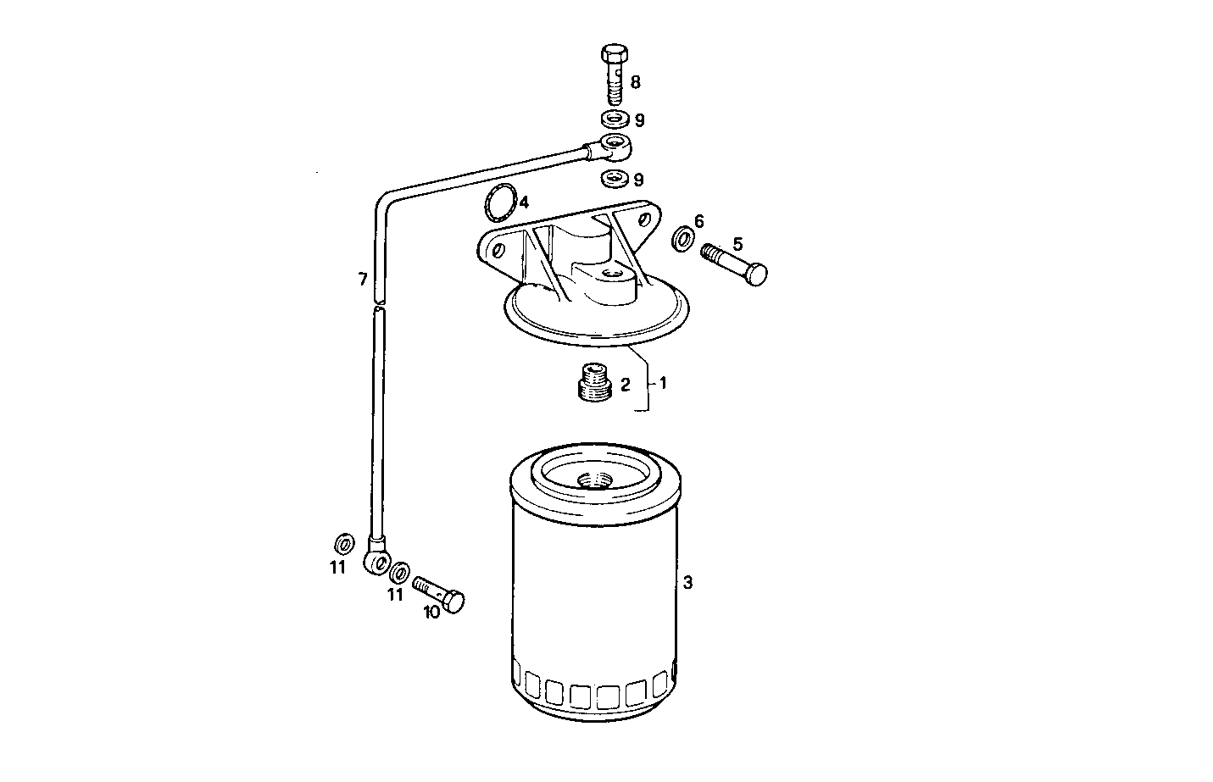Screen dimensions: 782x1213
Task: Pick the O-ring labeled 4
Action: pos(499,203)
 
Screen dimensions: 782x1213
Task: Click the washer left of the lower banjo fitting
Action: pos(343,543)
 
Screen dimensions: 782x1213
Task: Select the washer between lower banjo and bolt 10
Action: pos(399,571)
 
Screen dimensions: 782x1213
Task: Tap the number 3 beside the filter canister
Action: pos(688,583)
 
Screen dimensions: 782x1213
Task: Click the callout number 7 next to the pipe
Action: pos(362,279)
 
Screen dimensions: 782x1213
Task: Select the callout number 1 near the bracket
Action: pos(663,384)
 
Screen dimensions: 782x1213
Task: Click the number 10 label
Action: pos(431,613)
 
